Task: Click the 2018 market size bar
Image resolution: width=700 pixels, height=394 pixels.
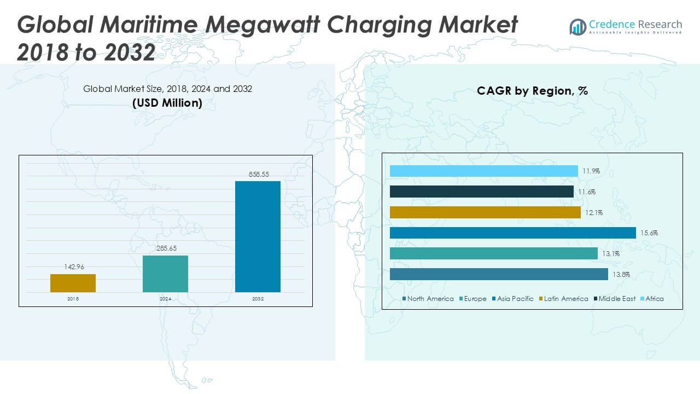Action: (x=73, y=283)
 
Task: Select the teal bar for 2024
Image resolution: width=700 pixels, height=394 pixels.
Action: (x=165, y=274)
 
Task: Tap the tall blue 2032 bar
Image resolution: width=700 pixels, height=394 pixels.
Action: (x=258, y=236)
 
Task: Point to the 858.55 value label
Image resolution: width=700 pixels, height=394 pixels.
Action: (x=258, y=175)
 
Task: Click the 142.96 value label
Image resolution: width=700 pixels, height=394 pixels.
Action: (x=73, y=268)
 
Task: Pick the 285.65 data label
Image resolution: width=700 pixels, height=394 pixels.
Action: (x=165, y=249)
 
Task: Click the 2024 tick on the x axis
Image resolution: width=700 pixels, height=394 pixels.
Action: (x=165, y=299)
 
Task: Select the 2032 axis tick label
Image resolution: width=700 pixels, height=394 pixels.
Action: (x=258, y=299)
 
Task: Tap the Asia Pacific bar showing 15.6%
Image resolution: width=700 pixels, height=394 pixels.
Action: (x=512, y=233)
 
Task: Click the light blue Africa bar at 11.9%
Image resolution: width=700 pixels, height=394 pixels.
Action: (x=483, y=171)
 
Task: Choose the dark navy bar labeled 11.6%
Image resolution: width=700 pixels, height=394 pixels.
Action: (x=481, y=192)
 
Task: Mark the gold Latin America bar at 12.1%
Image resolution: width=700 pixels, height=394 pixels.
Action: (x=485, y=212)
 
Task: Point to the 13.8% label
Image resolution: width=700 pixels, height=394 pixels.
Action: (x=622, y=275)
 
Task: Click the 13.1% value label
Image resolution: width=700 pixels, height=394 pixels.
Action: (x=611, y=254)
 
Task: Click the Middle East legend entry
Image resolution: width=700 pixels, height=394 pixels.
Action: (x=614, y=299)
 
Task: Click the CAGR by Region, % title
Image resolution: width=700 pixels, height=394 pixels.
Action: (x=532, y=91)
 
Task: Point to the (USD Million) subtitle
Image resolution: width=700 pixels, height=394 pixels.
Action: (x=167, y=103)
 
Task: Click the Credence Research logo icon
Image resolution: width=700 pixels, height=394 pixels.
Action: (x=577, y=27)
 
